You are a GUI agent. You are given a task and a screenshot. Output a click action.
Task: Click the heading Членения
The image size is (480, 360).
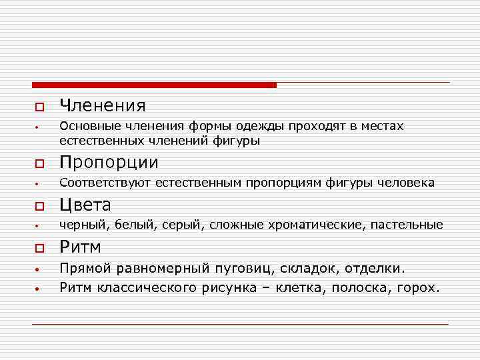(102, 105)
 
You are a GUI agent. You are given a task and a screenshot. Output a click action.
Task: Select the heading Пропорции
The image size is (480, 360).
(109, 163)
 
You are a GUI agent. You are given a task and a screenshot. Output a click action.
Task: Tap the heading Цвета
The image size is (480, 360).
(85, 205)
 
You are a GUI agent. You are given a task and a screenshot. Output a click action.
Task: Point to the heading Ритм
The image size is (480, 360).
(80, 247)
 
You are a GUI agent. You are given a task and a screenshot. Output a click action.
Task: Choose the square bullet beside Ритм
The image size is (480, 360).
(39, 249)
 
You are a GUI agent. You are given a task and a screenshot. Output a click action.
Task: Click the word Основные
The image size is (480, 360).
(87, 126)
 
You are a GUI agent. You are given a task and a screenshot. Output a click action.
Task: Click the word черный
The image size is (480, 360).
(79, 225)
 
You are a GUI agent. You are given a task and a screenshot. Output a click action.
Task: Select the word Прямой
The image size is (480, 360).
(85, 269)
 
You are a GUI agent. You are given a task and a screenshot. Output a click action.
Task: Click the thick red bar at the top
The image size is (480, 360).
(154, 85)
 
